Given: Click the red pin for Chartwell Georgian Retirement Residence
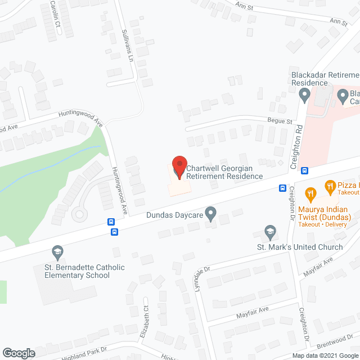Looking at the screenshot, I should [179, 167].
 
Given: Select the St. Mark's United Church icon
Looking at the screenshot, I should [270, 232].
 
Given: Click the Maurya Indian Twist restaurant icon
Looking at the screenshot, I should [309, 195].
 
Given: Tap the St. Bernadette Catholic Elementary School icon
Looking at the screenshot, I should [56, 251].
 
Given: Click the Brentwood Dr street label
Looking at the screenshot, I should [336, 343].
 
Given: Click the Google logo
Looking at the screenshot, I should [19, 353].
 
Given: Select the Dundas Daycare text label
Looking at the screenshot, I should [174, 214].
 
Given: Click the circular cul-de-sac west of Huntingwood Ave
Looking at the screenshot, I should [80, 214].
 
